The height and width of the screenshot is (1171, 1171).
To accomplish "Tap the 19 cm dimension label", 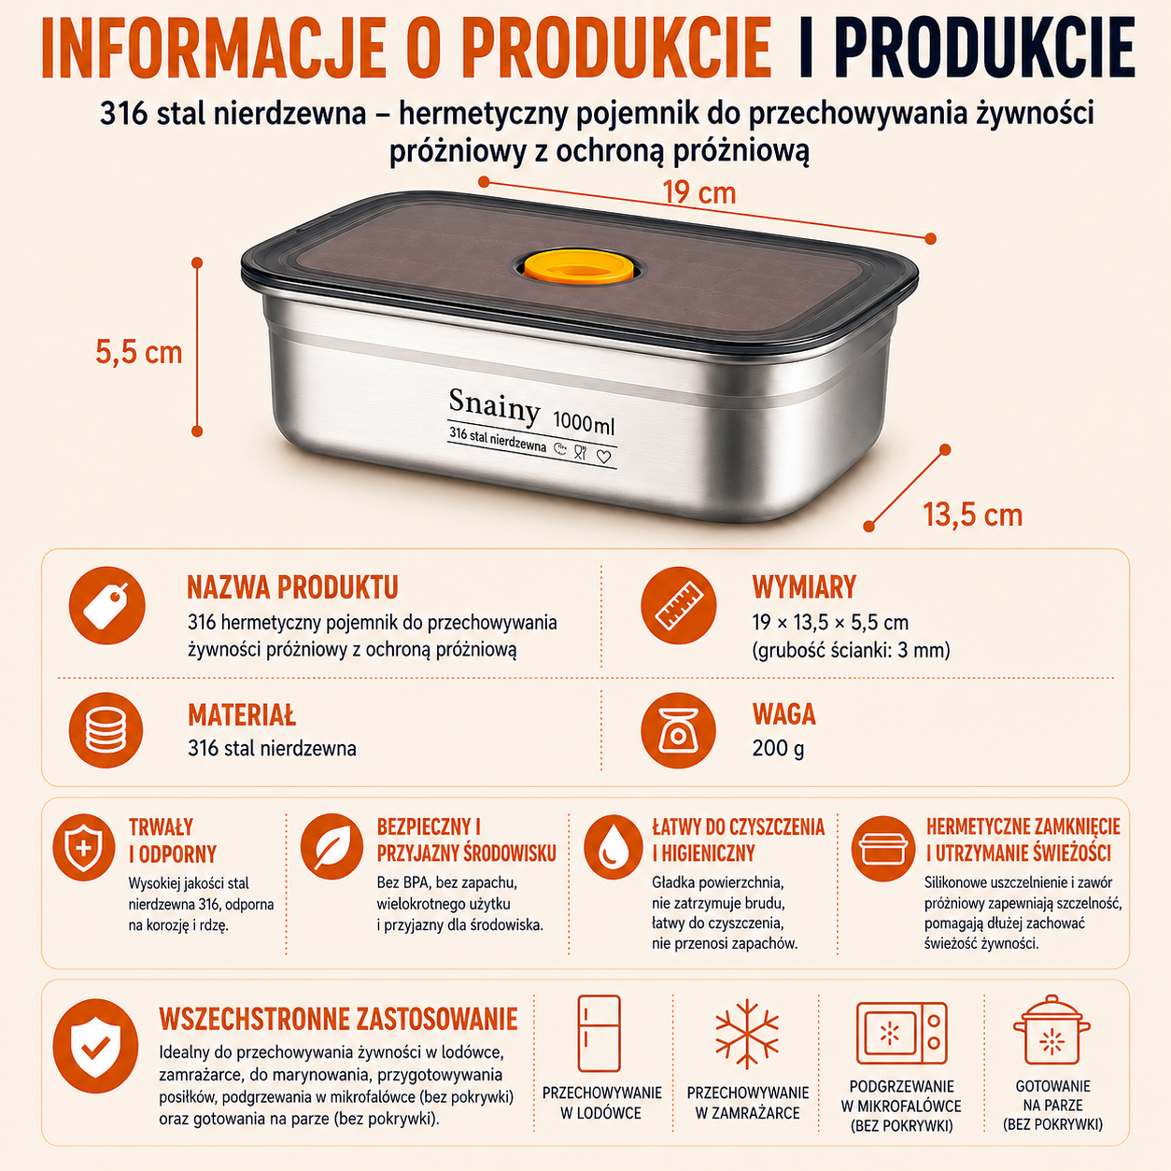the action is click(698, 192).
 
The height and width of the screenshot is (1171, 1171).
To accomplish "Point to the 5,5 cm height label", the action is click(138, 352).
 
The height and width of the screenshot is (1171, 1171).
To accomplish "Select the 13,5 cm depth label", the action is click(972, 515).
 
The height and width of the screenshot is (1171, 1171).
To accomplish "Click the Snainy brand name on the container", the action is click(494, 405).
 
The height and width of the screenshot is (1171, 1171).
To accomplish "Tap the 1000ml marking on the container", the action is click(584, 422).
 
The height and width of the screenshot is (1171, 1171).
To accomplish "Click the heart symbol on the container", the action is click(603, 456).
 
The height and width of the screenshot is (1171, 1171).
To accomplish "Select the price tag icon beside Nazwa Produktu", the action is click(107, 605).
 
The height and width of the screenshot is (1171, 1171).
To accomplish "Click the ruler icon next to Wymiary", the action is click(679, 605).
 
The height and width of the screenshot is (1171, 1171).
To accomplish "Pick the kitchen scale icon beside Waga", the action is click(678, 730).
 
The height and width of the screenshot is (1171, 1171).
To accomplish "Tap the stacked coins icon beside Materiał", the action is click(106, 730).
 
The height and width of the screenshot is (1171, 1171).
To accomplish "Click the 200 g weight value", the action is click(778, 748).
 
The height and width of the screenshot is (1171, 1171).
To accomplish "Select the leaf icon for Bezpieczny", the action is click(332, 846).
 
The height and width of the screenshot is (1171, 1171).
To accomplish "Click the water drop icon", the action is click(614, 846).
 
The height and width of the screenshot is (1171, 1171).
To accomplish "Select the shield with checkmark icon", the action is click(95, 1047).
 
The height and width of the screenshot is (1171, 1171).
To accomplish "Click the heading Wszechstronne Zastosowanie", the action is click(338, 1020).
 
